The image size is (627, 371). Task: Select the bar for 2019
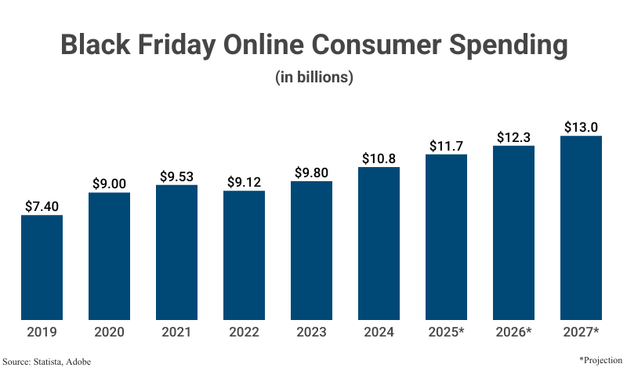42,267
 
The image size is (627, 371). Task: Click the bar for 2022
244,255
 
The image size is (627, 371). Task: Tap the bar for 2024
379,243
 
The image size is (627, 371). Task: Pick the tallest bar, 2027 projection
581,227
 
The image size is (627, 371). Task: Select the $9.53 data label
176,174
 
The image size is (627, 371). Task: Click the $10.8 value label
379,158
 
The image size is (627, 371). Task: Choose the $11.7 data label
446,145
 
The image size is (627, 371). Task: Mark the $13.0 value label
581,127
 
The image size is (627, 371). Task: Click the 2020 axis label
109,333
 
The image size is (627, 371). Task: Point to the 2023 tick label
311,333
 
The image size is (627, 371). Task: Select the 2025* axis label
446,333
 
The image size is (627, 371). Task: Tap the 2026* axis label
513,333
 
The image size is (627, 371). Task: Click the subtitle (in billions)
313,78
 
